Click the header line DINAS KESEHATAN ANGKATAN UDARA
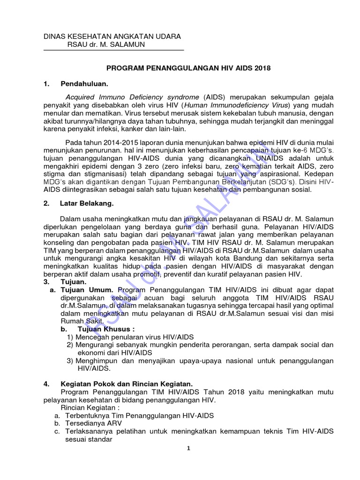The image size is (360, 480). click(x=112, y=36)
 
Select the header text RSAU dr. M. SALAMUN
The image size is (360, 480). click(x=106, y=45)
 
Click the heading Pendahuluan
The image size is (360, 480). click(x=84, y=84)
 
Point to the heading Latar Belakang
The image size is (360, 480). click(x=86, y=203)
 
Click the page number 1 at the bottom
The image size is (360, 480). click(x=188, y=449)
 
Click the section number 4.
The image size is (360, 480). click(x=46, y=383)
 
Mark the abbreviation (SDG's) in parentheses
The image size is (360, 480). click(x=282, y=182)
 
